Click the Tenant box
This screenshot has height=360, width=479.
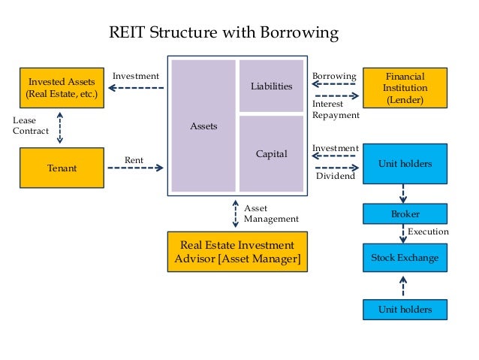(x=62, y=168)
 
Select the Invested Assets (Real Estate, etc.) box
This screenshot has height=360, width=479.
(x=62, y=88)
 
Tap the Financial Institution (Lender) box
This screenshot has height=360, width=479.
(x=405, y=88)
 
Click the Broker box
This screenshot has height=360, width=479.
(x=405, y=213)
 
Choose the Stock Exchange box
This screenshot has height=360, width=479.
(x=405, y=258)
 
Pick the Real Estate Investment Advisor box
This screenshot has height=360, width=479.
(x=237, y=252)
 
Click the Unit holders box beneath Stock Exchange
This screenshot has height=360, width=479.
(x=405, y=310)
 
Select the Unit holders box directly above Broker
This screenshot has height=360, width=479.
(x=405, y=164)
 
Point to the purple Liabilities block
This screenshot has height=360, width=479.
(x=271, y=86)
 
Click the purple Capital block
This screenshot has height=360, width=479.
(x=271, y=153)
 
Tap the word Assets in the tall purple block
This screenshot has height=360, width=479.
(x=203, y=126)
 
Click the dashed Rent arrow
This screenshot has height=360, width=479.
(x=135, y=168)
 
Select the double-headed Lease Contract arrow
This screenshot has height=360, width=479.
(x=60, y=128)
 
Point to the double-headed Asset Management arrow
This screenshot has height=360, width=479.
(x=236, y=213)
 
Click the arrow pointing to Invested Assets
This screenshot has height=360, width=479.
(x=136, y=88)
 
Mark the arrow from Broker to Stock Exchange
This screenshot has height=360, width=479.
(x=403, y=234)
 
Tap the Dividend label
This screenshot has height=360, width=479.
(x=336, y=176)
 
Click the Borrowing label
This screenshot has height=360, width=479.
(x=334, y=76)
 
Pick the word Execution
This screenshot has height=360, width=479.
(x=428, y=231)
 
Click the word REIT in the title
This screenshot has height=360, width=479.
(x=127, y=32)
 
